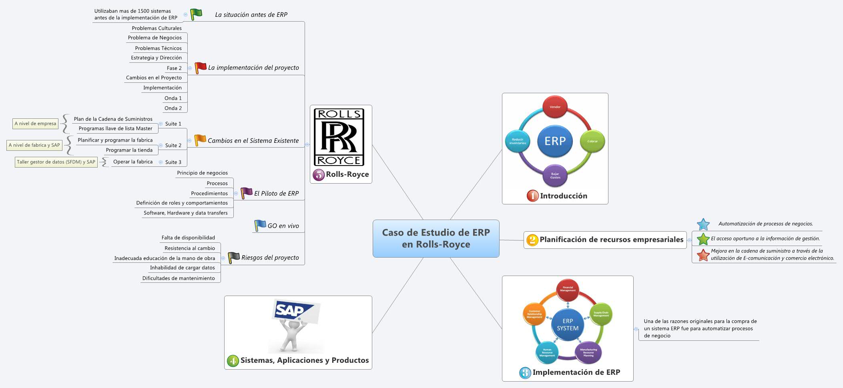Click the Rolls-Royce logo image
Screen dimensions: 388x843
(339, 137)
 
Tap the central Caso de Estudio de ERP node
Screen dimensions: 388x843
(436, 238)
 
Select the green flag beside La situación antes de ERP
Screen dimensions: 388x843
(196, 14)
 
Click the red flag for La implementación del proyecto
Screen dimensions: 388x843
(200, 67)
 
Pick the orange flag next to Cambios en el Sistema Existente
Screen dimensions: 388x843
(200, 140)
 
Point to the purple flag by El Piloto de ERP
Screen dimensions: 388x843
(246, 193)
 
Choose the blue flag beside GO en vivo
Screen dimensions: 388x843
(260, 225)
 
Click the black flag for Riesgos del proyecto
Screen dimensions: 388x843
(233, 257)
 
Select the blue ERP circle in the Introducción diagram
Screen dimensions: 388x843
(555, 141)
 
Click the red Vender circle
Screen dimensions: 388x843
(555, 107)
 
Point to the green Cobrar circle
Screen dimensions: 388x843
(592, 141)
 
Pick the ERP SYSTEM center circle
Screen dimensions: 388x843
(567, 324)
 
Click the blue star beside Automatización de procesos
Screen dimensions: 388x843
(703, 224)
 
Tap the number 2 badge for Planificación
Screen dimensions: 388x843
(532, 240)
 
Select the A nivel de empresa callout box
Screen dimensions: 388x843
(35, 124)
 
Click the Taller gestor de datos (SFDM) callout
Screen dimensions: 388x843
(56, 162)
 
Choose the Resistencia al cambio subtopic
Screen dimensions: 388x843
(190, 248)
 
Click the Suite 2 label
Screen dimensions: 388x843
(173, 145)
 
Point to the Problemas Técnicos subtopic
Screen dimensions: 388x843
(158, 48)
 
